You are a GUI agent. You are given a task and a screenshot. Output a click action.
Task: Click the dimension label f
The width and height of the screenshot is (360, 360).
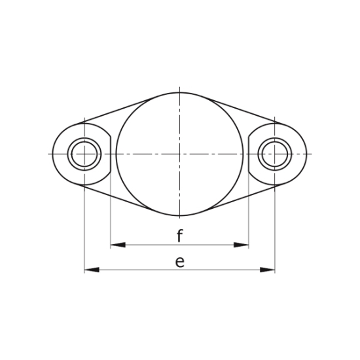pyautogui.click(x=179, y=236)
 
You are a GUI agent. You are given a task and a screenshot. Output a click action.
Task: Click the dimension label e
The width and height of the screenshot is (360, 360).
pyautogui.click(x=179, y=262)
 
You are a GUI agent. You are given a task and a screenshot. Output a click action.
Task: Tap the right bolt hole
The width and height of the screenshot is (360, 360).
pyautogui.click(x=274, y=154)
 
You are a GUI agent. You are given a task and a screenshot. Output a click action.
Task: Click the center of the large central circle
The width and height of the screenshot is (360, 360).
pyautogui.click(x=179, y=154)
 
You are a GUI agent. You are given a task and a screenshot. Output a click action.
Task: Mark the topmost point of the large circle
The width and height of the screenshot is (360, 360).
pyautogui.click(x=179, y=91)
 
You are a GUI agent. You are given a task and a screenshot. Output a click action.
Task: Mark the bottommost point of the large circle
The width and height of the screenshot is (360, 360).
pyautogui.click(x=179, y=217)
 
